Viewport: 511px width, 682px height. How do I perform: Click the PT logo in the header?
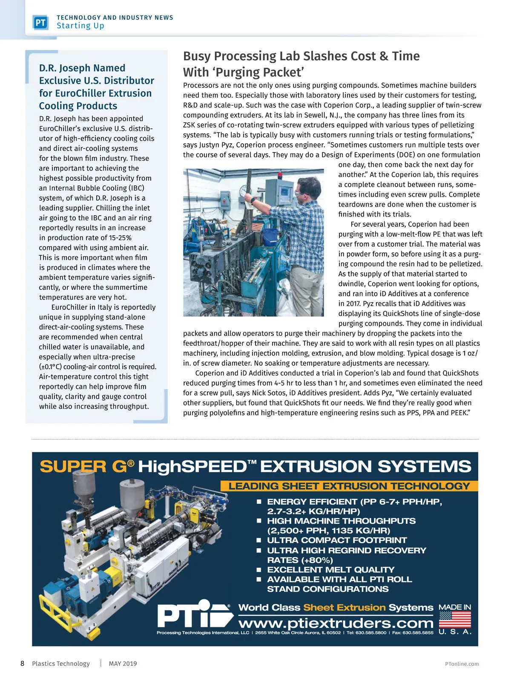click(41, 22)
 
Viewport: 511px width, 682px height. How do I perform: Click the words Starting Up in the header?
click(80, 26)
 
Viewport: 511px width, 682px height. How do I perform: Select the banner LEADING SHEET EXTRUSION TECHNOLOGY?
click(349, 486)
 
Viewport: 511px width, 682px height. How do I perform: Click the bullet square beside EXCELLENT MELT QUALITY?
click(258, 569)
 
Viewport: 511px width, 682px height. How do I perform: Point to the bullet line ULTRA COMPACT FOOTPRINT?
click(337, 540)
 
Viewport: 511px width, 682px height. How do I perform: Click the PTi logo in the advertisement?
click(194, 614)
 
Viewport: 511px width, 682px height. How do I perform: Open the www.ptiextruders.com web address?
click(336, 623)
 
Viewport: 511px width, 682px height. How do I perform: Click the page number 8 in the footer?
click(23, 663)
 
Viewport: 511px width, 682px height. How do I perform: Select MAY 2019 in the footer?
click(123, 663)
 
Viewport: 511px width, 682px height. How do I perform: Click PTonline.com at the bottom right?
click(462, 664)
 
